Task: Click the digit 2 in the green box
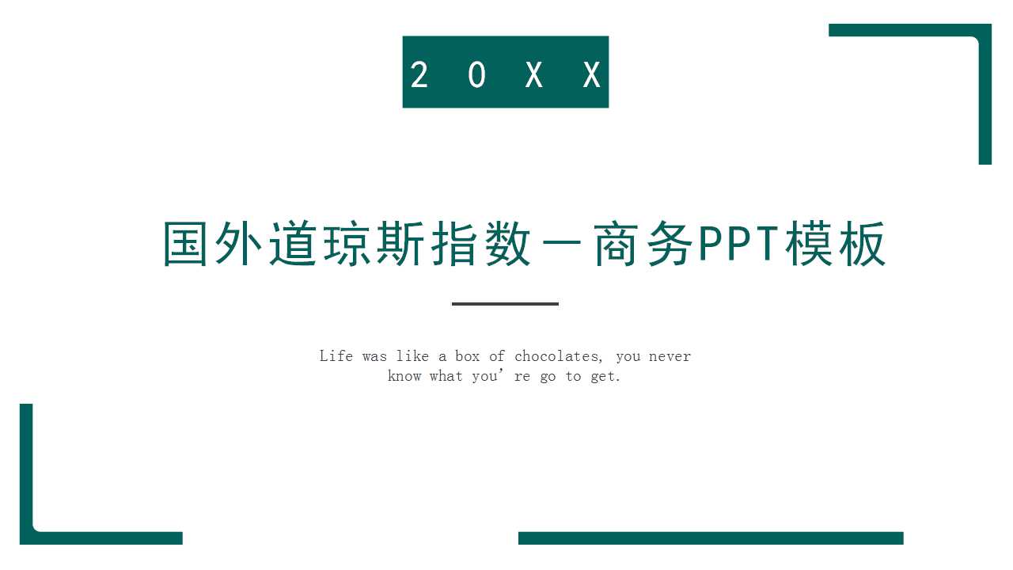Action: [x=419, y=75]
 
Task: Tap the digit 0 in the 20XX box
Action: [x=476, y=75]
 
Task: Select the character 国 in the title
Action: [x=188, y=245]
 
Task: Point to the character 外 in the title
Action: [x=240, y=245]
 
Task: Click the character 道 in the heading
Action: [x=293, y=245]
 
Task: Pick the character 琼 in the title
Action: [x=346, y=245]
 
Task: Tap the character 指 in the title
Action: [x=452, y=245]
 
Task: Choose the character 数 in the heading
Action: [x=505, y=245]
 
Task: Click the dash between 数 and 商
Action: [x=558, y=246]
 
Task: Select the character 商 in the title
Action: [x=611, y=245]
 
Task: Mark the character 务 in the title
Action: [x=664, y=245]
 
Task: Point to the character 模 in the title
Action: [x=809, y=245]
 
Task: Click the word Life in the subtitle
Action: [x=336, y=356]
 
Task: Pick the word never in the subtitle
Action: [x=670, y=356]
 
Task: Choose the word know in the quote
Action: [x=404, y=376]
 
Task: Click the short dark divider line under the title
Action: [x=505, y=303]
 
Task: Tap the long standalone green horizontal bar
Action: [x=711, y=538]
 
